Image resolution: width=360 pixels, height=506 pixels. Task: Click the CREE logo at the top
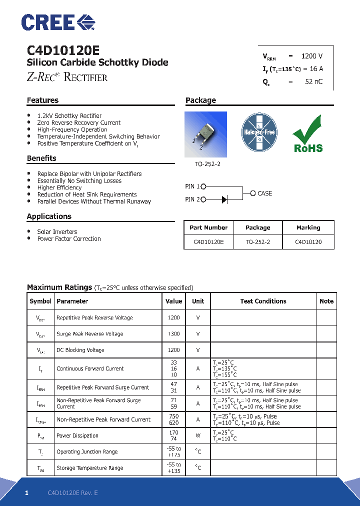click(58, 22)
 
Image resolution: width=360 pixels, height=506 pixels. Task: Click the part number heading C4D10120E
click(63, 50)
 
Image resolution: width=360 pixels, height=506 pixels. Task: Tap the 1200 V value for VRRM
click(312, 56)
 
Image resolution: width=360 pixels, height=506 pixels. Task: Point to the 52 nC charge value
click(313, 81)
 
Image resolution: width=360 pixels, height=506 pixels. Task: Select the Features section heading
click(42, 100)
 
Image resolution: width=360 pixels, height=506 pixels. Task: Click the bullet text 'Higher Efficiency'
click(59, 187)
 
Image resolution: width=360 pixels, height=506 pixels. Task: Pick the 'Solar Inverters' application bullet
click(57, 232)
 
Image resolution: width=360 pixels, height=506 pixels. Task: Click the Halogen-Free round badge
click(258, 132)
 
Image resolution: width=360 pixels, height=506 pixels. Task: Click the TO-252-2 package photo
click(205, 132)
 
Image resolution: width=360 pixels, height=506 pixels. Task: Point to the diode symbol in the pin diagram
click(224, 199)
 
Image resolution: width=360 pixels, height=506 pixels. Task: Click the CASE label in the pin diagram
click(264, 193)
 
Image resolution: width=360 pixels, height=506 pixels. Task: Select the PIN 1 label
click(192, 186)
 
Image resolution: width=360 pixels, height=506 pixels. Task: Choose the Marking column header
click(308, 227)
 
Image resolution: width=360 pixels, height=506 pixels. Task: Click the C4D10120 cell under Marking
click(308, 241)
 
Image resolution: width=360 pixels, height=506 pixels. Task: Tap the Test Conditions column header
click(263, 301)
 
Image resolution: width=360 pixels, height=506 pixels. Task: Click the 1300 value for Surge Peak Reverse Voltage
click(173, 334)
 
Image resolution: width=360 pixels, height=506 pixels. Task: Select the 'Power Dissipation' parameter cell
click(77, 435)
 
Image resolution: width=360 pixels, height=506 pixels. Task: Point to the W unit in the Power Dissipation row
click(198, 435)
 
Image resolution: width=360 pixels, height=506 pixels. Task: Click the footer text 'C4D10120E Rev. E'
click(73, 493)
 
